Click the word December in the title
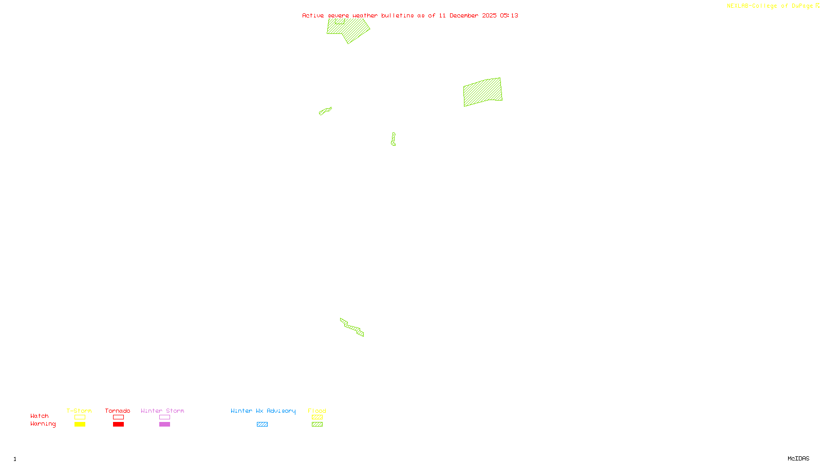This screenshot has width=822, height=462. tap(464, 15)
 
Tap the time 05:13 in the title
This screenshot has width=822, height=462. tap(509, 15)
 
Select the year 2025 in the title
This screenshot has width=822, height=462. tap(489, 15)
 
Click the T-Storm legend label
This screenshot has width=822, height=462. tap(79, 411)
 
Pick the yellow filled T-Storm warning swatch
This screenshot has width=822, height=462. tap(80, 425)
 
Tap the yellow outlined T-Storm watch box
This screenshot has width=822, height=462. tap(80, 417)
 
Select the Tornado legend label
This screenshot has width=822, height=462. tap(118, 411)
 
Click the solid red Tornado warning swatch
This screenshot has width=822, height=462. tap(118, 425)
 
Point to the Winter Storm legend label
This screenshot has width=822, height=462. tap(162, 411)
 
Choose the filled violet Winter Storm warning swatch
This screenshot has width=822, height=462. tap(164, 425)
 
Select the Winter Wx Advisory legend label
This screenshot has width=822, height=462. tap(263, 411)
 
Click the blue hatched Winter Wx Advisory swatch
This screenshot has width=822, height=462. tap(262, 425)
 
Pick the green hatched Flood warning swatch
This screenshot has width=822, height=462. tap(317, 425)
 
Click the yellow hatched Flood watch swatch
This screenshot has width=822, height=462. tap(317, 417)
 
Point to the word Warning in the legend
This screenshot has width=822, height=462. tap(43, 424)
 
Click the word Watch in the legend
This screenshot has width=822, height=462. tap(40, 416)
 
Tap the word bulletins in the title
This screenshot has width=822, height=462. tap(398, 15)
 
